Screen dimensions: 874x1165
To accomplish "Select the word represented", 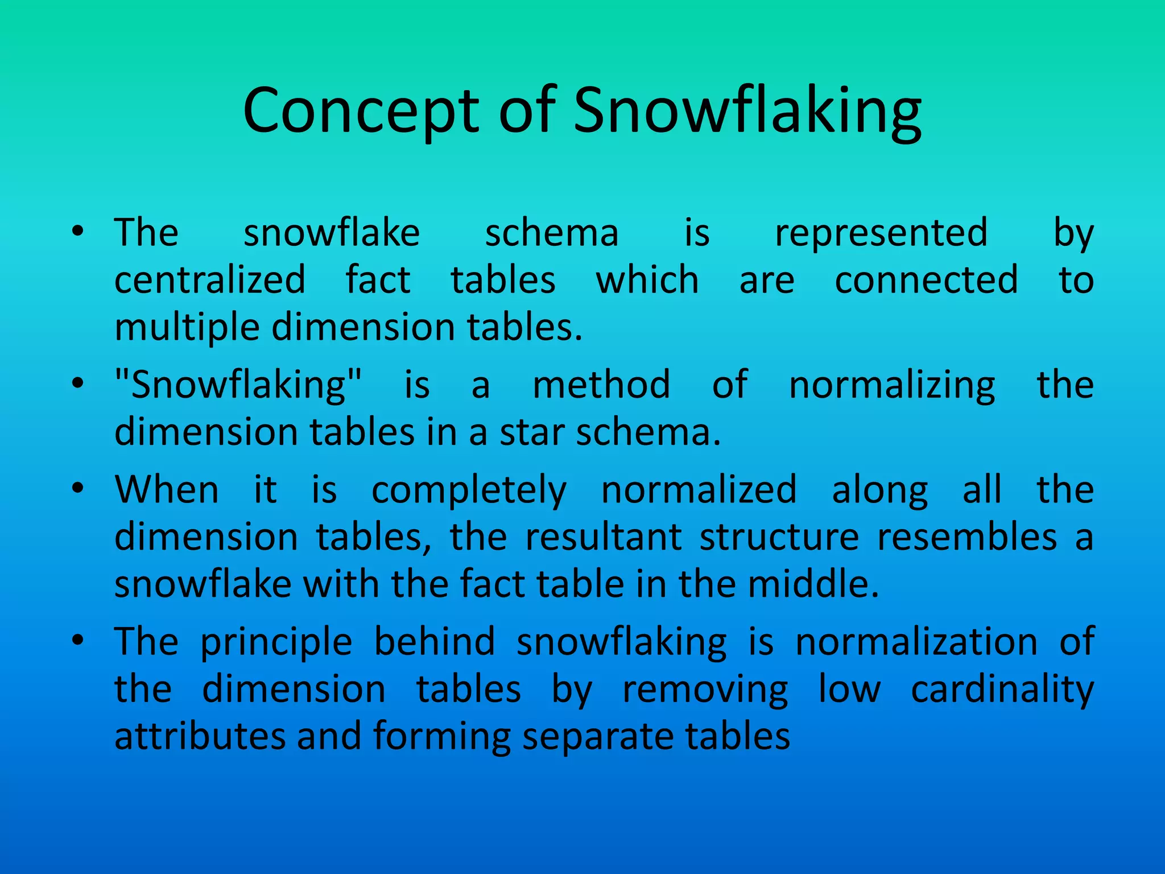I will coord(881,233).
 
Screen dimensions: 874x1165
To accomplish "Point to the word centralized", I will coord(210,280).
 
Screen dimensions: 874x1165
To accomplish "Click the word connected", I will coord(926,280).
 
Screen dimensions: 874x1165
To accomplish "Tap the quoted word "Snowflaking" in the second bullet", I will coord(238,385).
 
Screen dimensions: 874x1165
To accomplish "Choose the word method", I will coord(601,385).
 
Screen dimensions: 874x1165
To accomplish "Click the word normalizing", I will coord(892,386).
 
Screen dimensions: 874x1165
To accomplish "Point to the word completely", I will coord(469,490).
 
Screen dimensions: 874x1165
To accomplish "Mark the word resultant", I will coord(603,537).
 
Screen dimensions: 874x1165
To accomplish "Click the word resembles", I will coord(966,537).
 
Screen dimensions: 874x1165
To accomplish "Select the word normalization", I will coord(916,642).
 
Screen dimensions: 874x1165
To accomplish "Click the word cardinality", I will coord(1002,690).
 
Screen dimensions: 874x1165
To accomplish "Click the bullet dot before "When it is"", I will coord(78,488).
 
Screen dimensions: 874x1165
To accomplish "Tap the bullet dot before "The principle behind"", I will coord(78,640).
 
